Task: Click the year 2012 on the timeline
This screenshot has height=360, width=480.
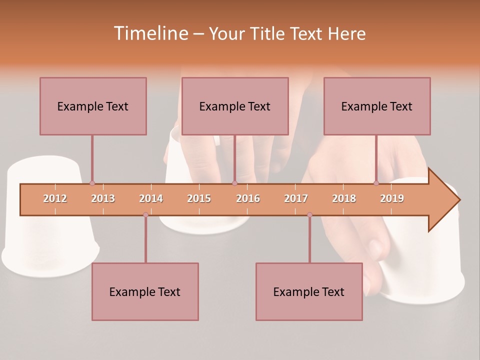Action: click(x=55, y=198)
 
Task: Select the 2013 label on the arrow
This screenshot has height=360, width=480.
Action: click(x=103, y=198)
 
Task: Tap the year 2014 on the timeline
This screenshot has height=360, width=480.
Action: click(x=151, y=198)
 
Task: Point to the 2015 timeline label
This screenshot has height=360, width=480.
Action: click(x=199, y=198)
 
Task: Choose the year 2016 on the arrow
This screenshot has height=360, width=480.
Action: click(x=248, y=198)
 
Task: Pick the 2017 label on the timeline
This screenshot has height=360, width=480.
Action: click(x=296, y=198)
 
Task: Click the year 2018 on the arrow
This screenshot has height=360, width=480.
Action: click(x=344, y=198)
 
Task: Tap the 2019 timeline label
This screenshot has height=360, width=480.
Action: click(x=392, y=198)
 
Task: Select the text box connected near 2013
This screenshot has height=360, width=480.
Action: click(x=93, y=106)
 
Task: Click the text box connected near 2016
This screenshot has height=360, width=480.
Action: click(x=235, y=106)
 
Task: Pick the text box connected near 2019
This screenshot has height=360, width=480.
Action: click(x=377, y=106)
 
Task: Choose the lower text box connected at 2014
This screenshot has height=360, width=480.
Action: click(x=145, y=291)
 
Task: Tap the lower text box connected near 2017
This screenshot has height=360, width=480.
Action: click(x=309, y=291)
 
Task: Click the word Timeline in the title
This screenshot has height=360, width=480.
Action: click(x=149, y=33)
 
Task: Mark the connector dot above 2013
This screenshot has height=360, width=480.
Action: click(x=92, y=183)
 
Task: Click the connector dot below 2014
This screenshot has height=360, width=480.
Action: click(x=145, y=215)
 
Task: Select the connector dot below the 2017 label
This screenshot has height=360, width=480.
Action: click(x=309, y=215)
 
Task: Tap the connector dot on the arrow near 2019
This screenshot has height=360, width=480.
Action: click(x=376, y=183)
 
